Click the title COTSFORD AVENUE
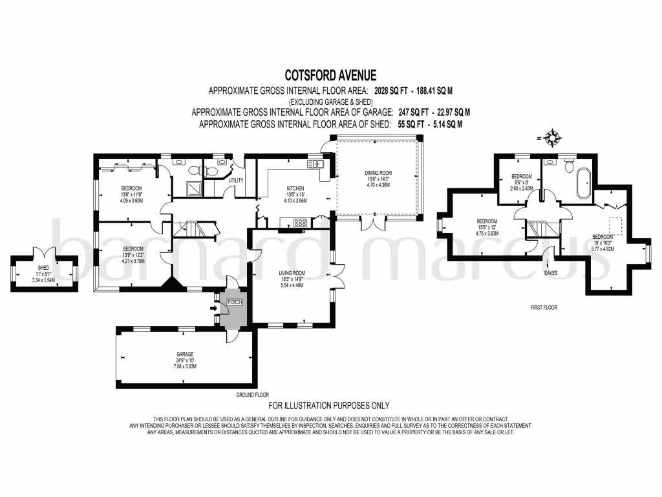point(330,76)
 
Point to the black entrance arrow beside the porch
point(213,309)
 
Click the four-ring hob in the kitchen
point(301,223)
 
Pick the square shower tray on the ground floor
point(194,188)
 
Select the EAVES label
point(550,272)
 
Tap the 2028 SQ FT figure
point(390,91)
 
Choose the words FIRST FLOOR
point(543,307)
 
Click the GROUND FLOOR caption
point(253,394)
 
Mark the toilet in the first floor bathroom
point(569,166)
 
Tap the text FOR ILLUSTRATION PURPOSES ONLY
point(328,406)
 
